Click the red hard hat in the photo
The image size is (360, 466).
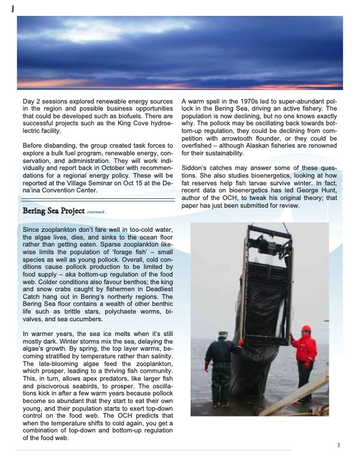point(306,329)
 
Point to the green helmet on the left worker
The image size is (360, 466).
point(222,334)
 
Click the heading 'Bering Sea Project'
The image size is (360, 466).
point(53,211)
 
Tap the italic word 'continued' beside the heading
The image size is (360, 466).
point(96,212)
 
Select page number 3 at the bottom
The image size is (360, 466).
point(338,445)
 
